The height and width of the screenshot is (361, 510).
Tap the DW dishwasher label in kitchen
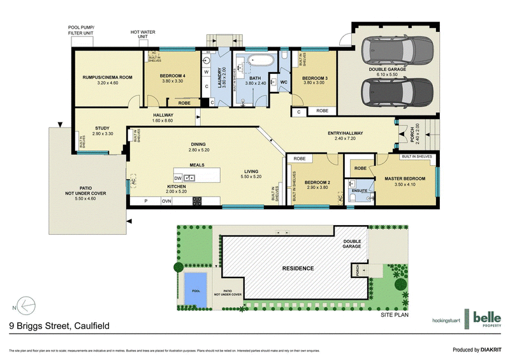coord(178,178)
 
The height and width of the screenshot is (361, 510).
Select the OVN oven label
coord(166,201)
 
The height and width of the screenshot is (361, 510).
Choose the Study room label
coord(102,128)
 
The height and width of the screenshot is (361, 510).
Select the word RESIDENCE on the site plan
coord(298,268)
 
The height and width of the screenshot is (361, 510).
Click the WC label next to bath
coord(284,82)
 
